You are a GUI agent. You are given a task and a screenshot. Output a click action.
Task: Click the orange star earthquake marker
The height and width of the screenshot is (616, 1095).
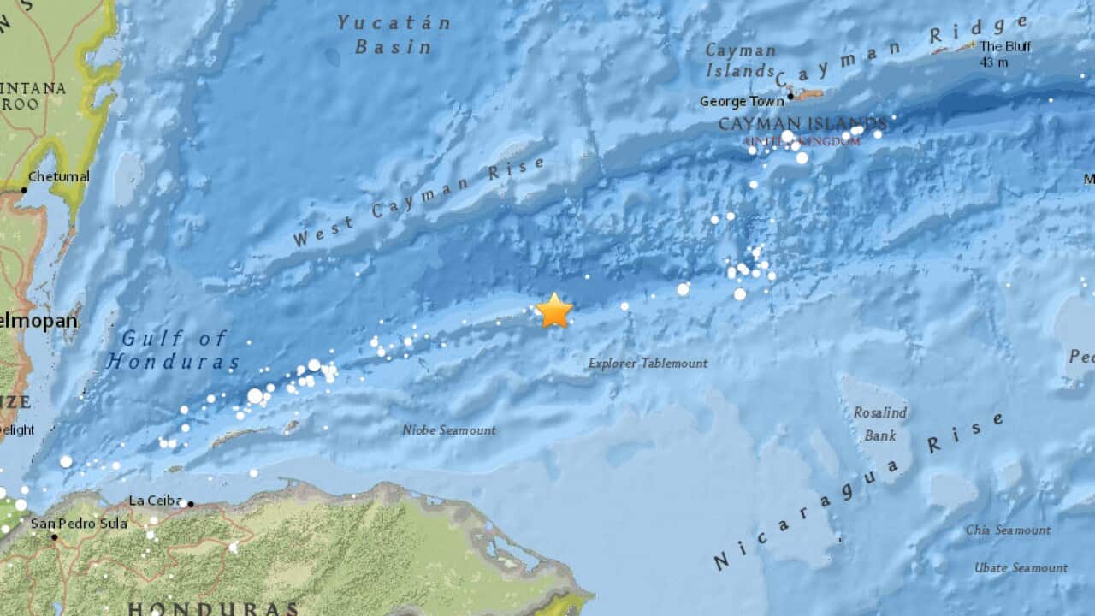tap(554, 311)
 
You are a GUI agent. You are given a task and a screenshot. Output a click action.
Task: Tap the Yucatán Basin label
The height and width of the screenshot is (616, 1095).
tap(394, 34)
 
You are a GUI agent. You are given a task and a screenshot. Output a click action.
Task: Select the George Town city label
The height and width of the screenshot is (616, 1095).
tap(742, 101)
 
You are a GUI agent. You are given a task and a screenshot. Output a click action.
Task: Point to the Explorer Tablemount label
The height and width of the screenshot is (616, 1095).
tap(648, 364)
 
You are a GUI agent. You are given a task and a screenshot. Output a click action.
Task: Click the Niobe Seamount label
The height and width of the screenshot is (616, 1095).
tap(449, 430)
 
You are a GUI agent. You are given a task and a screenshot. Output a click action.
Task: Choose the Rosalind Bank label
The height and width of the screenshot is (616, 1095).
tap(879, 423)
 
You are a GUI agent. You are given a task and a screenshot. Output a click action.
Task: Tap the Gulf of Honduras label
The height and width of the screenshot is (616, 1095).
tap(174, 350)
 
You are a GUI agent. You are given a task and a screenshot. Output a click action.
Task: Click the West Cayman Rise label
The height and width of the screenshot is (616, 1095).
tap(419, 203)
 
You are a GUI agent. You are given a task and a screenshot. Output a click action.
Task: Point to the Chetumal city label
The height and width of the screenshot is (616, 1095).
tap(59, 177)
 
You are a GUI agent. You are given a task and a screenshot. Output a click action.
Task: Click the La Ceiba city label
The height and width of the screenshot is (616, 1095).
tap(154, 500)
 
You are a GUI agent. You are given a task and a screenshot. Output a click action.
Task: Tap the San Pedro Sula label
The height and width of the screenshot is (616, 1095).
tap(79, 524)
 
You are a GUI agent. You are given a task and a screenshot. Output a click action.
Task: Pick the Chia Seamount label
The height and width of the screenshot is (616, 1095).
tap(1008, 530)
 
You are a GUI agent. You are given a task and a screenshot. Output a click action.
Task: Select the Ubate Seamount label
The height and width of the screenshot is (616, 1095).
tap(1021, 568)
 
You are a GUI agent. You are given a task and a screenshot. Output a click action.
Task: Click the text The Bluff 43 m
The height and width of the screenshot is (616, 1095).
tap(1005, 54)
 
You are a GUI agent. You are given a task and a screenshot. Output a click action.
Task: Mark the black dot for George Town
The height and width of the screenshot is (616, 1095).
tap(790, 97)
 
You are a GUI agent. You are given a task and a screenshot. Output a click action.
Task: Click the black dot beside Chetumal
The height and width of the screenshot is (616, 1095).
tap(24, 189)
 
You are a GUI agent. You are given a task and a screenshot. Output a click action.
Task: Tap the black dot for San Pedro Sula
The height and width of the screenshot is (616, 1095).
tap(54, 537)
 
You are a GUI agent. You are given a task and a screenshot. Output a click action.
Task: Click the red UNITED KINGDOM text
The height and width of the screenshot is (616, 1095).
tap(802, 141)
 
